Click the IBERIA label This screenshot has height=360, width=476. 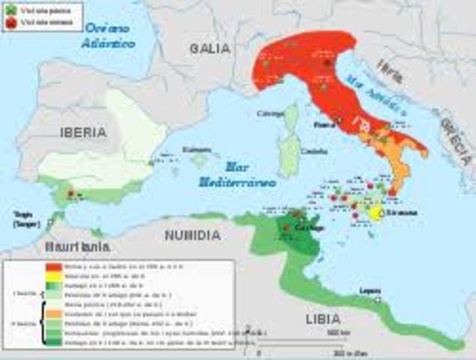83,132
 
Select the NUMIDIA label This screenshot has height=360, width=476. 193,235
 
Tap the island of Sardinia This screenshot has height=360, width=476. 287,155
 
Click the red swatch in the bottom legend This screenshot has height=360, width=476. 53,266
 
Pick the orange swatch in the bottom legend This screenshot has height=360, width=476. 53,311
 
